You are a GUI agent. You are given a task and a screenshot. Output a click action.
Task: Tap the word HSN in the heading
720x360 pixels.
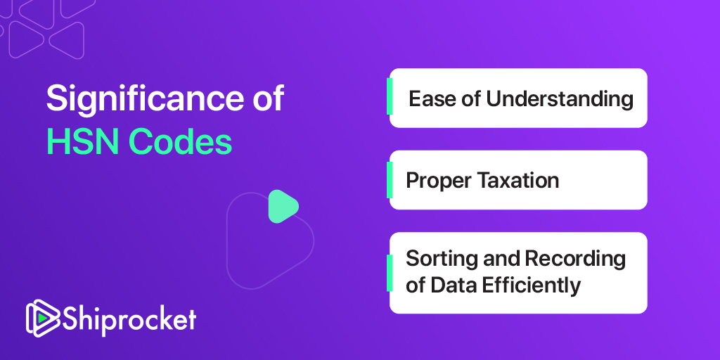(x=78, y=143)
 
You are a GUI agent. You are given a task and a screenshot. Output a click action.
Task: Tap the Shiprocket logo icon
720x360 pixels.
(x=43, y=319)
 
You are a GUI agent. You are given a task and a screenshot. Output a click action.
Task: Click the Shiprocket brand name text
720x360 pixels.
(x=129, y=319)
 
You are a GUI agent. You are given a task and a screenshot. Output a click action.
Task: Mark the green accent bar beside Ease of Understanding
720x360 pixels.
(x=390, y=96)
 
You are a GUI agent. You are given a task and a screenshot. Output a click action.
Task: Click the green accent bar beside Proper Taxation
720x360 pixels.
(x=390, y=180)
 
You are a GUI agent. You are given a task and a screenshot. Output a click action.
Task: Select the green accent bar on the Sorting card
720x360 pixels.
(x=390, y=274)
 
